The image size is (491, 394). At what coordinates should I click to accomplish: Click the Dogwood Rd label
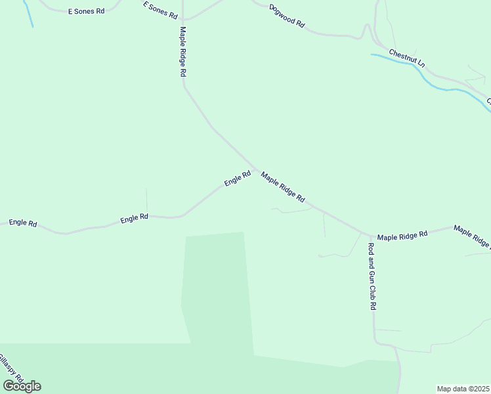(288, 16)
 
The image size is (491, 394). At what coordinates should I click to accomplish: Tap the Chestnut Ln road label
(407, 58)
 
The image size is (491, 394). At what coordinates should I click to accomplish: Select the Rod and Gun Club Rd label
(372, 276)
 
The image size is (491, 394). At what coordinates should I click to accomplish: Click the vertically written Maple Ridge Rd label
(183, 53)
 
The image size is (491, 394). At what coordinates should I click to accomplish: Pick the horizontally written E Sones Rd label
(86, 12)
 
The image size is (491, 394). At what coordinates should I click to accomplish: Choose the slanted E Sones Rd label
(160, 10)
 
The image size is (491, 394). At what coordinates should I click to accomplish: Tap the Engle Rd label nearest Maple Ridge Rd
(238, 178)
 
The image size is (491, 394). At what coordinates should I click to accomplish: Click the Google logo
(22, 386)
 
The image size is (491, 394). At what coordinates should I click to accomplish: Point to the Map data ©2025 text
(463, 389)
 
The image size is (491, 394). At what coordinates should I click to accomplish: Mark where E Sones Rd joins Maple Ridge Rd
(183, 19)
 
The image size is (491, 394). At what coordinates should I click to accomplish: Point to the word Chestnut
(402, 55)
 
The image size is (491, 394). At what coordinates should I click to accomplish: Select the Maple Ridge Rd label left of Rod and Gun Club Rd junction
(283, 186)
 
